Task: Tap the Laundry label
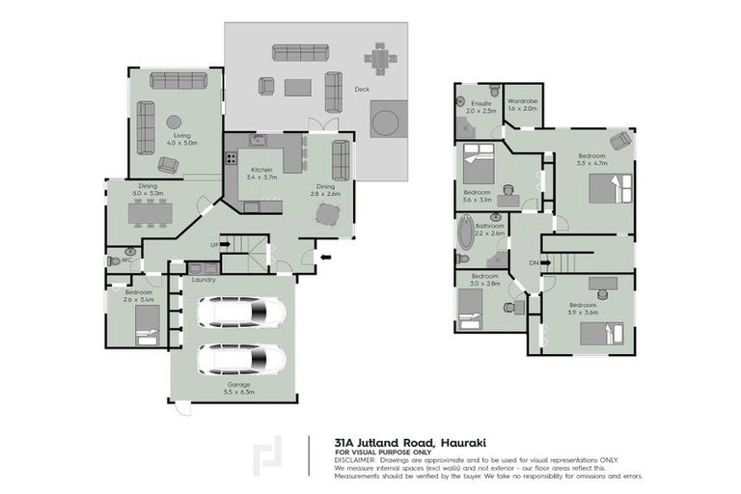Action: [204, 280]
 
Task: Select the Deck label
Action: [362, 89]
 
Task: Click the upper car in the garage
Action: [241, 312]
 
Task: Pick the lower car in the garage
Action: [241, 359]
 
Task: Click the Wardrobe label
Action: [522, 101]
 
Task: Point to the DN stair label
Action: [534, 261]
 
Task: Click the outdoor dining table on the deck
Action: [382, 62]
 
